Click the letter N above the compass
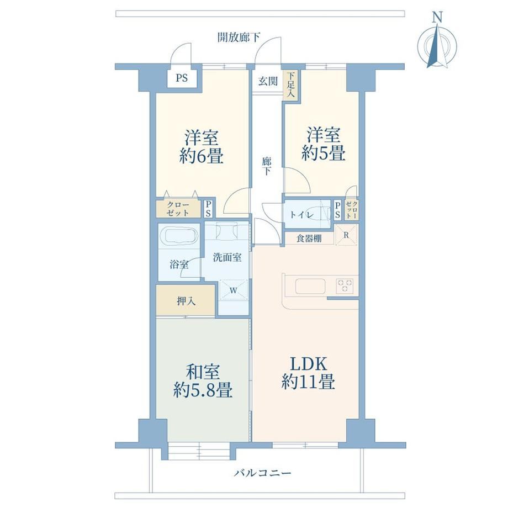coord(438,18)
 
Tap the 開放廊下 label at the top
coord(239,38)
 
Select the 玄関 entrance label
coord(268,81)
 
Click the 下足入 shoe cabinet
coord(290,85)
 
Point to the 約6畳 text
coord(201,157)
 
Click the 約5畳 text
coord(324,153)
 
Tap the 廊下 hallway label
coord(267,166)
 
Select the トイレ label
coord(301,215)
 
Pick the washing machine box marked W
coord(233,290)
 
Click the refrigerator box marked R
coord(346,235)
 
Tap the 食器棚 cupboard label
coord(309,239)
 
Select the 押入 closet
coord(186,300)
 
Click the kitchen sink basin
coord(310,286)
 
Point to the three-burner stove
coord(345,286)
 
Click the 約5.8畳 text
coord(203,389)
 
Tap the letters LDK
coord(308,364)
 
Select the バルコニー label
coord(262,473)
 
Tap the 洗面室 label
coord(227,257)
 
